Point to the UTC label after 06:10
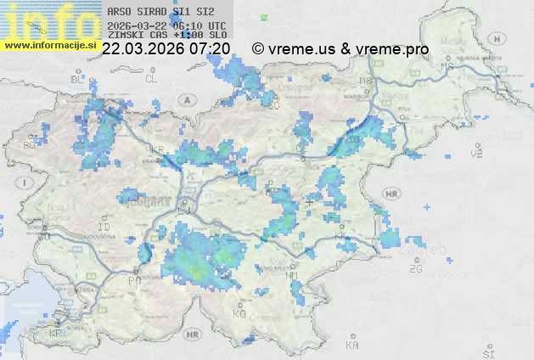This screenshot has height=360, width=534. coord(216,25)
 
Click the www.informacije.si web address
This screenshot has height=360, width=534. coord(49,45)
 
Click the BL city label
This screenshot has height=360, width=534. coord(79,79)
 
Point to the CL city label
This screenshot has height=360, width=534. coord(152,78)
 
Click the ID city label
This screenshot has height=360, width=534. coord(105,228)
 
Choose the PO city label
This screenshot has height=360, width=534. coord(134,280)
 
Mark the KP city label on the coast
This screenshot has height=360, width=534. coord(56,334)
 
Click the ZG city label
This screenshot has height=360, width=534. coord(415,269)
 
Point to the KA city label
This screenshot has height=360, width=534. coord(353,346)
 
